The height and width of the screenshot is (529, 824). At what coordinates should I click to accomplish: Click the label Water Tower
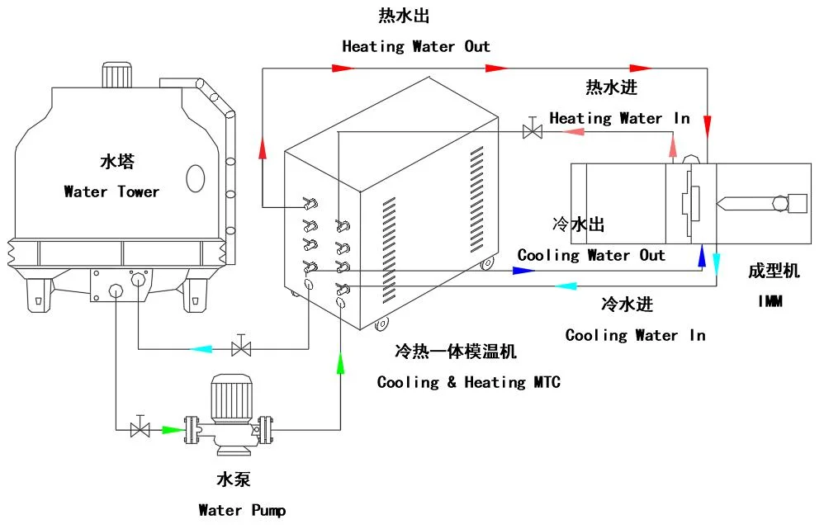point(111,191)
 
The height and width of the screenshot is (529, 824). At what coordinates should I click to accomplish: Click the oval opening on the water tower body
point(195,177)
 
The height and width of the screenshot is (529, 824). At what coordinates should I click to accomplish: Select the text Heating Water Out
point(416,46)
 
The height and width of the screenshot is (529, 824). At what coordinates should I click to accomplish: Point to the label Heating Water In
point(619,118)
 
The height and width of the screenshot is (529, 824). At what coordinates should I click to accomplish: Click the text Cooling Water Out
point(591,255)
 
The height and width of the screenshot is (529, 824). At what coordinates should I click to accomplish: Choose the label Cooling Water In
point(635,335)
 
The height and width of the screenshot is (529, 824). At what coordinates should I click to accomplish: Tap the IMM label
point(770,302)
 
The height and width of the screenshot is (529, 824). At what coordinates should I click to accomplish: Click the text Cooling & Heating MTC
point(468,382)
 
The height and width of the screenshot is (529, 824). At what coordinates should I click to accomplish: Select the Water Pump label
point(242,510)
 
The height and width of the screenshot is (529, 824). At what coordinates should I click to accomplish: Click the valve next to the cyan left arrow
point(241,348)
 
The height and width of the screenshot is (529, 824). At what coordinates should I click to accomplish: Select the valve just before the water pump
point(140,428)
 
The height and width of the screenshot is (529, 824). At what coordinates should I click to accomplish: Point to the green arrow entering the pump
point(172,429)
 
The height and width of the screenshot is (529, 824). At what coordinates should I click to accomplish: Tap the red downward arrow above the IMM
point(708,125)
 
